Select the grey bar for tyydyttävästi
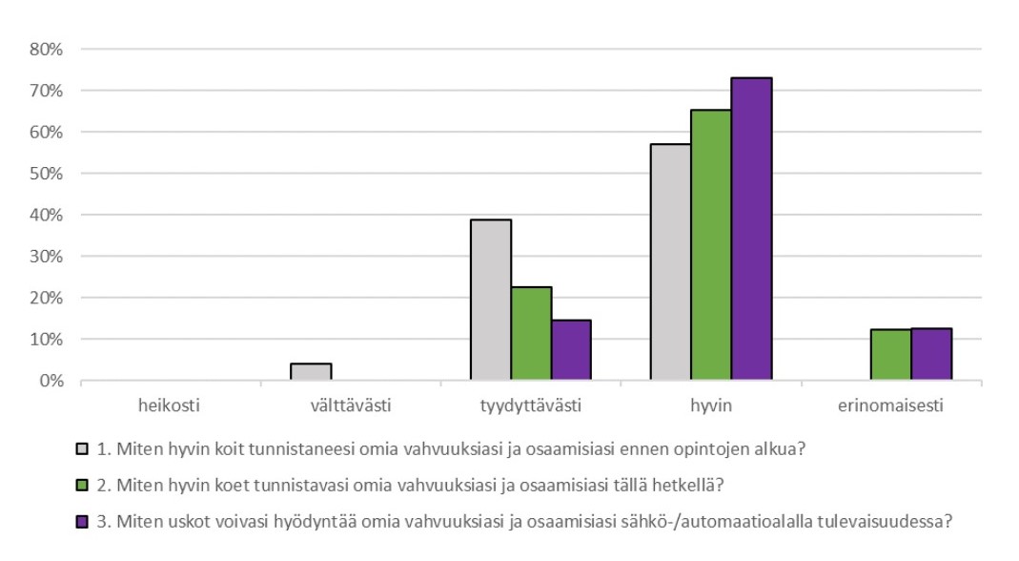tap(491, 301)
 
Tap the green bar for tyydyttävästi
tap(531, 334)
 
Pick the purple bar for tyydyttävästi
tap(571, 350)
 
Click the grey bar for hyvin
tap(670, 262)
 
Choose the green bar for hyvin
tap(711, 245)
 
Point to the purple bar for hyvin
tap(751, 229)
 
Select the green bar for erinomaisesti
tap(890, 355)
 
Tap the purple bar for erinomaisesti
tap(931, 355)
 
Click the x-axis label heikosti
tap(171, 405)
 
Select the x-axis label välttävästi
tap(351, 405)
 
